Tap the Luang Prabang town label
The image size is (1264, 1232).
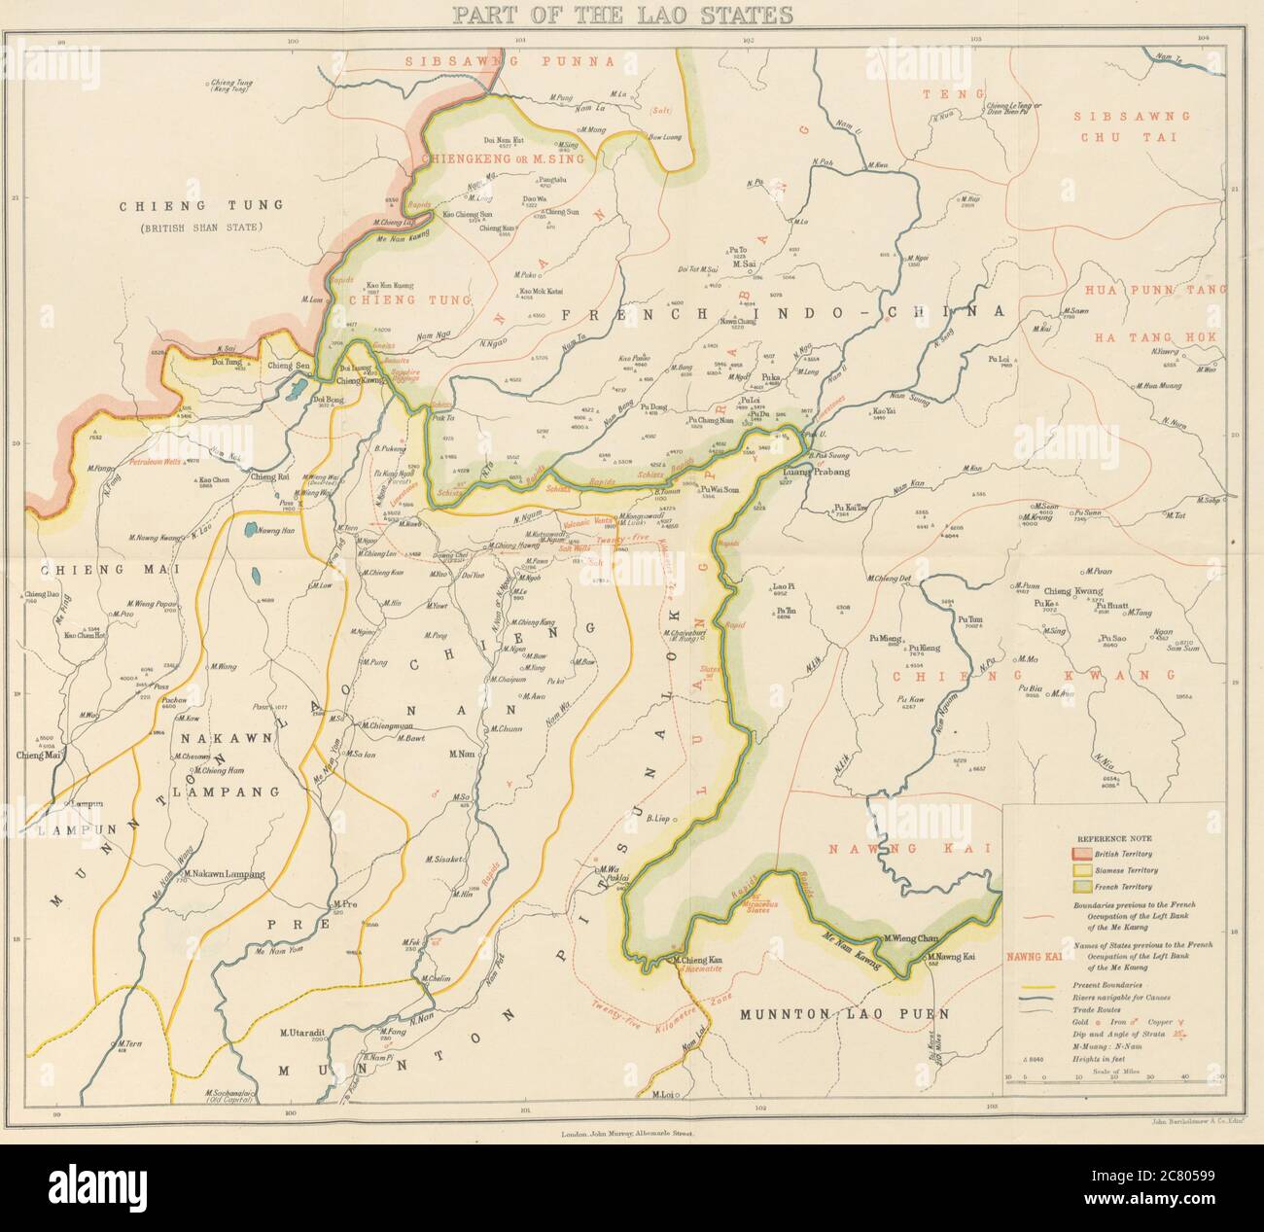pyautogui.click(x=816, y=472)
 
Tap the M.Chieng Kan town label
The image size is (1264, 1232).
pyautogui.click(x=703, y=961)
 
